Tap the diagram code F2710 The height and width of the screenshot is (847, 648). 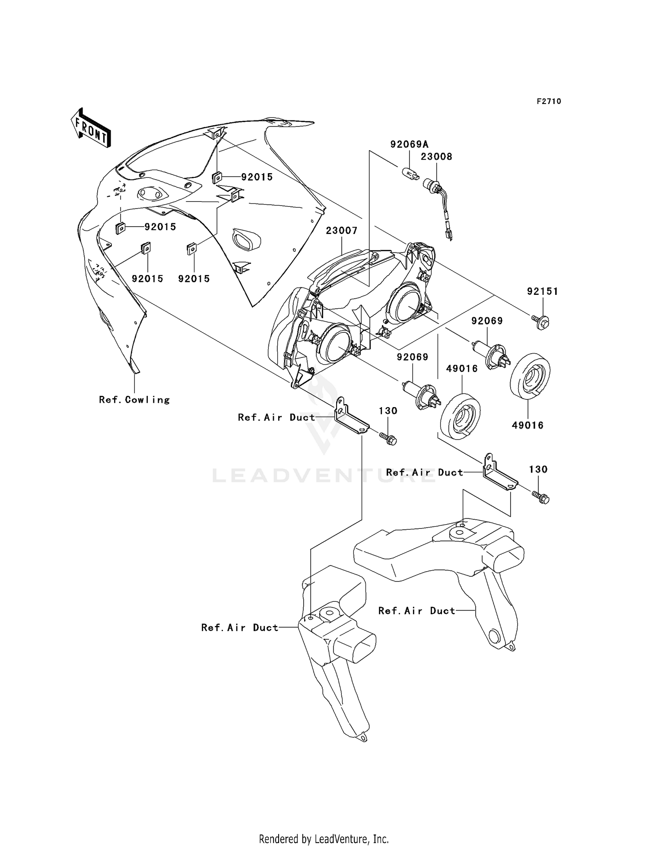tap(549, 101)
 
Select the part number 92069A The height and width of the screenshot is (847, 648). tap(409, 144)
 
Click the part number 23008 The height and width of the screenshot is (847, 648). tap(436, 157)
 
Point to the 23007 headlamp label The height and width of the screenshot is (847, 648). tap(341, 231)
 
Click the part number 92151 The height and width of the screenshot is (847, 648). tap(542, 292)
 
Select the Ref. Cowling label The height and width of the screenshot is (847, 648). tap(134, 400)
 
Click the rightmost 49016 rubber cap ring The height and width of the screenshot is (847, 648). tap(530, 375)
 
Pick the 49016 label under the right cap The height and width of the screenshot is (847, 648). tap(527, 426)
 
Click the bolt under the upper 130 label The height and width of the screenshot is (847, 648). tap(388, 438)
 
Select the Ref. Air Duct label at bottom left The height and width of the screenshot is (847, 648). tap(240, 628)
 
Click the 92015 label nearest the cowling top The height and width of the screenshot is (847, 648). tap(257, 177)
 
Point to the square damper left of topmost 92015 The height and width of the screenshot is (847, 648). tap(217, 177)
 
